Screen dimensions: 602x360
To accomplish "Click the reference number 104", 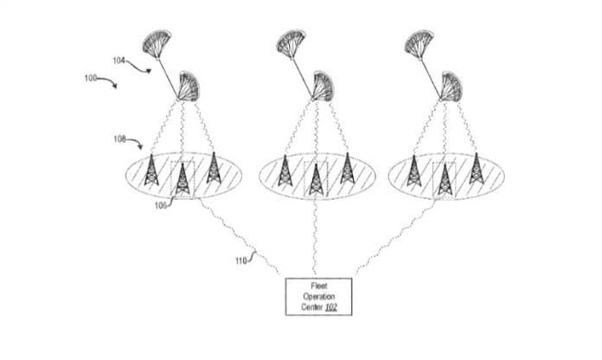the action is (x=118, y=61).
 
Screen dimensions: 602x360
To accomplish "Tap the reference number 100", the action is (x=91, y=78).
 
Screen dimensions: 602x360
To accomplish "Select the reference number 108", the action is (x=119, y=138).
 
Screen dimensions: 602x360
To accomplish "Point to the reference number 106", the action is (x=161, y=206).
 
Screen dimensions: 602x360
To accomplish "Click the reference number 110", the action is (x=241, y=260).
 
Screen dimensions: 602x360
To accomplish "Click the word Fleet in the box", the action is (x=319, y=286).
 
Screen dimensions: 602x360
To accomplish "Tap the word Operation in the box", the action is (x=319, y=297).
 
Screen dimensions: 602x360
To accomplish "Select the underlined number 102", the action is (x=331, y=307).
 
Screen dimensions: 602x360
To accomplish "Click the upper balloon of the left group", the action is (x=157, y=42).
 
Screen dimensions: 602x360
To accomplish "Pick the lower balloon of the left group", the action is (x=189, y=86).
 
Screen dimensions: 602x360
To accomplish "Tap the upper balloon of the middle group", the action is (x=291, y=43).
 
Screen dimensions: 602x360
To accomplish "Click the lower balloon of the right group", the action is (x=451, y=87).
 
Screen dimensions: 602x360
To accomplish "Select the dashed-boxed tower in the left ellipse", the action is (x=183, y=178).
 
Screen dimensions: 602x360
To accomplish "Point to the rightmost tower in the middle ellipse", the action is (x=348, y=168).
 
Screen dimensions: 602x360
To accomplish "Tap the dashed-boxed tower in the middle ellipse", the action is (x=316, y=179).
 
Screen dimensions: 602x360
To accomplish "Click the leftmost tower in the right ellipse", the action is (x=413, y=170).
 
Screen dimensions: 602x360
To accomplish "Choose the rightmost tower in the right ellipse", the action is (x=477, y=168).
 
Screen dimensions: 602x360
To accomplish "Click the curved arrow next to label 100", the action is (x=107, y=81).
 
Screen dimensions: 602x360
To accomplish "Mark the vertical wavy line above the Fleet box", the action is (x=316, y=236).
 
